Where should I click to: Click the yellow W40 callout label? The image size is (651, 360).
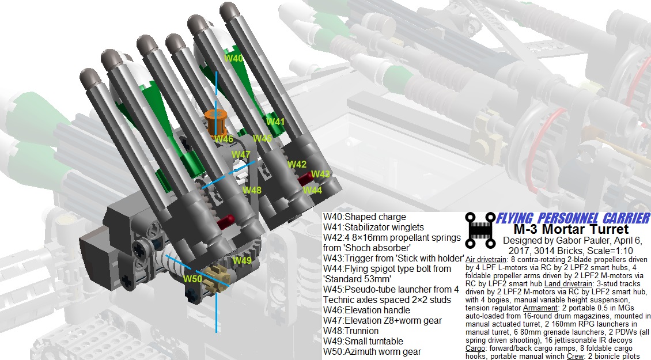233,58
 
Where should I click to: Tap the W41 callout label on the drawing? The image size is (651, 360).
275,122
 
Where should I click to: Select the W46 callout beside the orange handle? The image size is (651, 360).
224,139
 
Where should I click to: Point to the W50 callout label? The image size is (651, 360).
192,279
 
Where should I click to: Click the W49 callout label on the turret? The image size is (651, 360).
242,260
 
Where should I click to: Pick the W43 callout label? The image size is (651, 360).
320,174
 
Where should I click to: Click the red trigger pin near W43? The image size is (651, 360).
306,179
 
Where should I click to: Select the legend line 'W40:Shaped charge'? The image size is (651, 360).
365,217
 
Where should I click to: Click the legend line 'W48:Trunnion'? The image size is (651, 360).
351,331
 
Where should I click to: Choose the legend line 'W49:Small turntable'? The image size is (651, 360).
364,342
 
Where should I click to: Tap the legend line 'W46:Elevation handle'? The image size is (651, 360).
366,310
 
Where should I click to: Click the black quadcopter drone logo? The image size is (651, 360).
480,230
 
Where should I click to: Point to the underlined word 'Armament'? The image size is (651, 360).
540,308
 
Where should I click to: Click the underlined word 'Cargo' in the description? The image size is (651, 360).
475,348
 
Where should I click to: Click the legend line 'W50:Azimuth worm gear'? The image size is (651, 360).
372,352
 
